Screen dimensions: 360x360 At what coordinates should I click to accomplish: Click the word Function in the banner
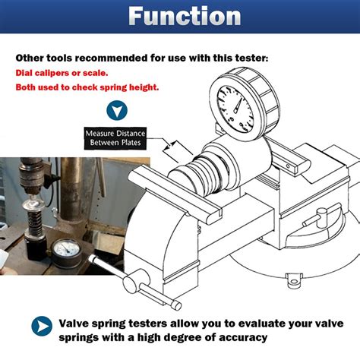(x=185, y=16)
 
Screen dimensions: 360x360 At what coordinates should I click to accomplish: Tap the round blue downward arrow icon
(x=117, y=110)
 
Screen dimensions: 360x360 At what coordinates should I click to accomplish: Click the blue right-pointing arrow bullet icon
(x=42, y=326)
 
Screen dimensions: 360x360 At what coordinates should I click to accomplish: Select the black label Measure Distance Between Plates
(x=115, y=138)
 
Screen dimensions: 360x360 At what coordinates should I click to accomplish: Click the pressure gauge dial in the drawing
(x=235, y=109)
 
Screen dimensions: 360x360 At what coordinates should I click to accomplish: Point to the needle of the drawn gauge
(x=238, y=106)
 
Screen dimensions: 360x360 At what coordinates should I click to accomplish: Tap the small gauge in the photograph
(x=66, y=250)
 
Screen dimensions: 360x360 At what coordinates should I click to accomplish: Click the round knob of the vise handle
(x=132, y=283)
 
